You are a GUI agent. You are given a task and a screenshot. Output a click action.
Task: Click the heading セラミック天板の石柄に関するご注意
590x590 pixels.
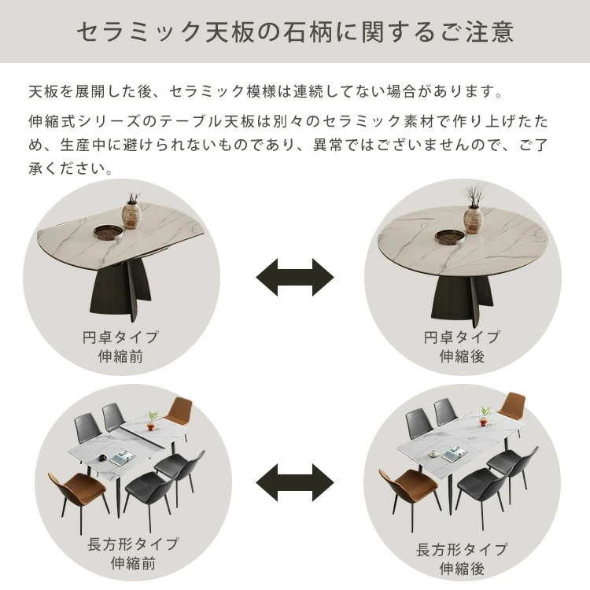coord(295,31)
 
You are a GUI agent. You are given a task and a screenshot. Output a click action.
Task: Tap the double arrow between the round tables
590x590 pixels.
coord(295,278)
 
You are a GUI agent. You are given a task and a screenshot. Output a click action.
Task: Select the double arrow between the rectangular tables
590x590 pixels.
coord(295,482)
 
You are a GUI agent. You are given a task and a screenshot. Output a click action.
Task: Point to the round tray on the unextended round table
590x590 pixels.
coord(108,232)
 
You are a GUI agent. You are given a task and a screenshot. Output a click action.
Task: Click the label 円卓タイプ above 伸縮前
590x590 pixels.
coord(121,337)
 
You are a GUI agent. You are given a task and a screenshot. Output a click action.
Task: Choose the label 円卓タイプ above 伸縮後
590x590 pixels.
coord(462,337)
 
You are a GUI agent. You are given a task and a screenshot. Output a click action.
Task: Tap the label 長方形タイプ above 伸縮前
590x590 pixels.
coord(133,544)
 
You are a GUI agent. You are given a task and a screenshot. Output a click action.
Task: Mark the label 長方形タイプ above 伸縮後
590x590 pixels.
coord(462,550)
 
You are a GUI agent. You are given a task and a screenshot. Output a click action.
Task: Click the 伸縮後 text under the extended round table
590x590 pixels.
coord(462,356)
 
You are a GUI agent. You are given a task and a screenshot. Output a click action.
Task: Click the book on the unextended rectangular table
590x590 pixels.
coord(123,458)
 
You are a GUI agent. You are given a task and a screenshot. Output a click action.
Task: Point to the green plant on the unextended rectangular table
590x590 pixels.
coord(153,415)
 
